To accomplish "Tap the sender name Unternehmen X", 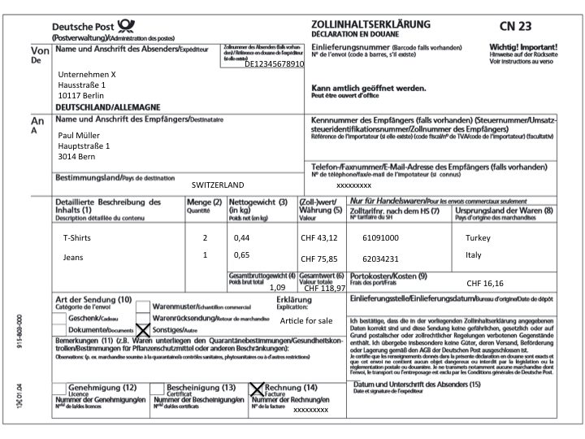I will [x=88, y=74].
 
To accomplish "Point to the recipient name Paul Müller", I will [x=79, y=135].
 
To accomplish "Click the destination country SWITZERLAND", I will [x=218, y=185].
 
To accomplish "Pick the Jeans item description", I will [x=73, y=257].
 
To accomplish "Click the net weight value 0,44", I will [x=241, y=237].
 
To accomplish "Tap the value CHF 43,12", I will [x=318, y=238].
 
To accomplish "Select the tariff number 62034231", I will [x=380, y=259].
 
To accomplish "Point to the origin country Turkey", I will [x=479, y=237].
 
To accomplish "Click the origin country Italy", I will [x=474, y=255].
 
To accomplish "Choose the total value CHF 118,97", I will [x=325, y=288].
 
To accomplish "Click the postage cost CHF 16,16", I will [x=485, y=283].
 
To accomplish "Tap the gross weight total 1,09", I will [x=277, y=287].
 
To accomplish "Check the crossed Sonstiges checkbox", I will [x=144, y=329].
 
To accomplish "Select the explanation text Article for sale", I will [x=306, y=321].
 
